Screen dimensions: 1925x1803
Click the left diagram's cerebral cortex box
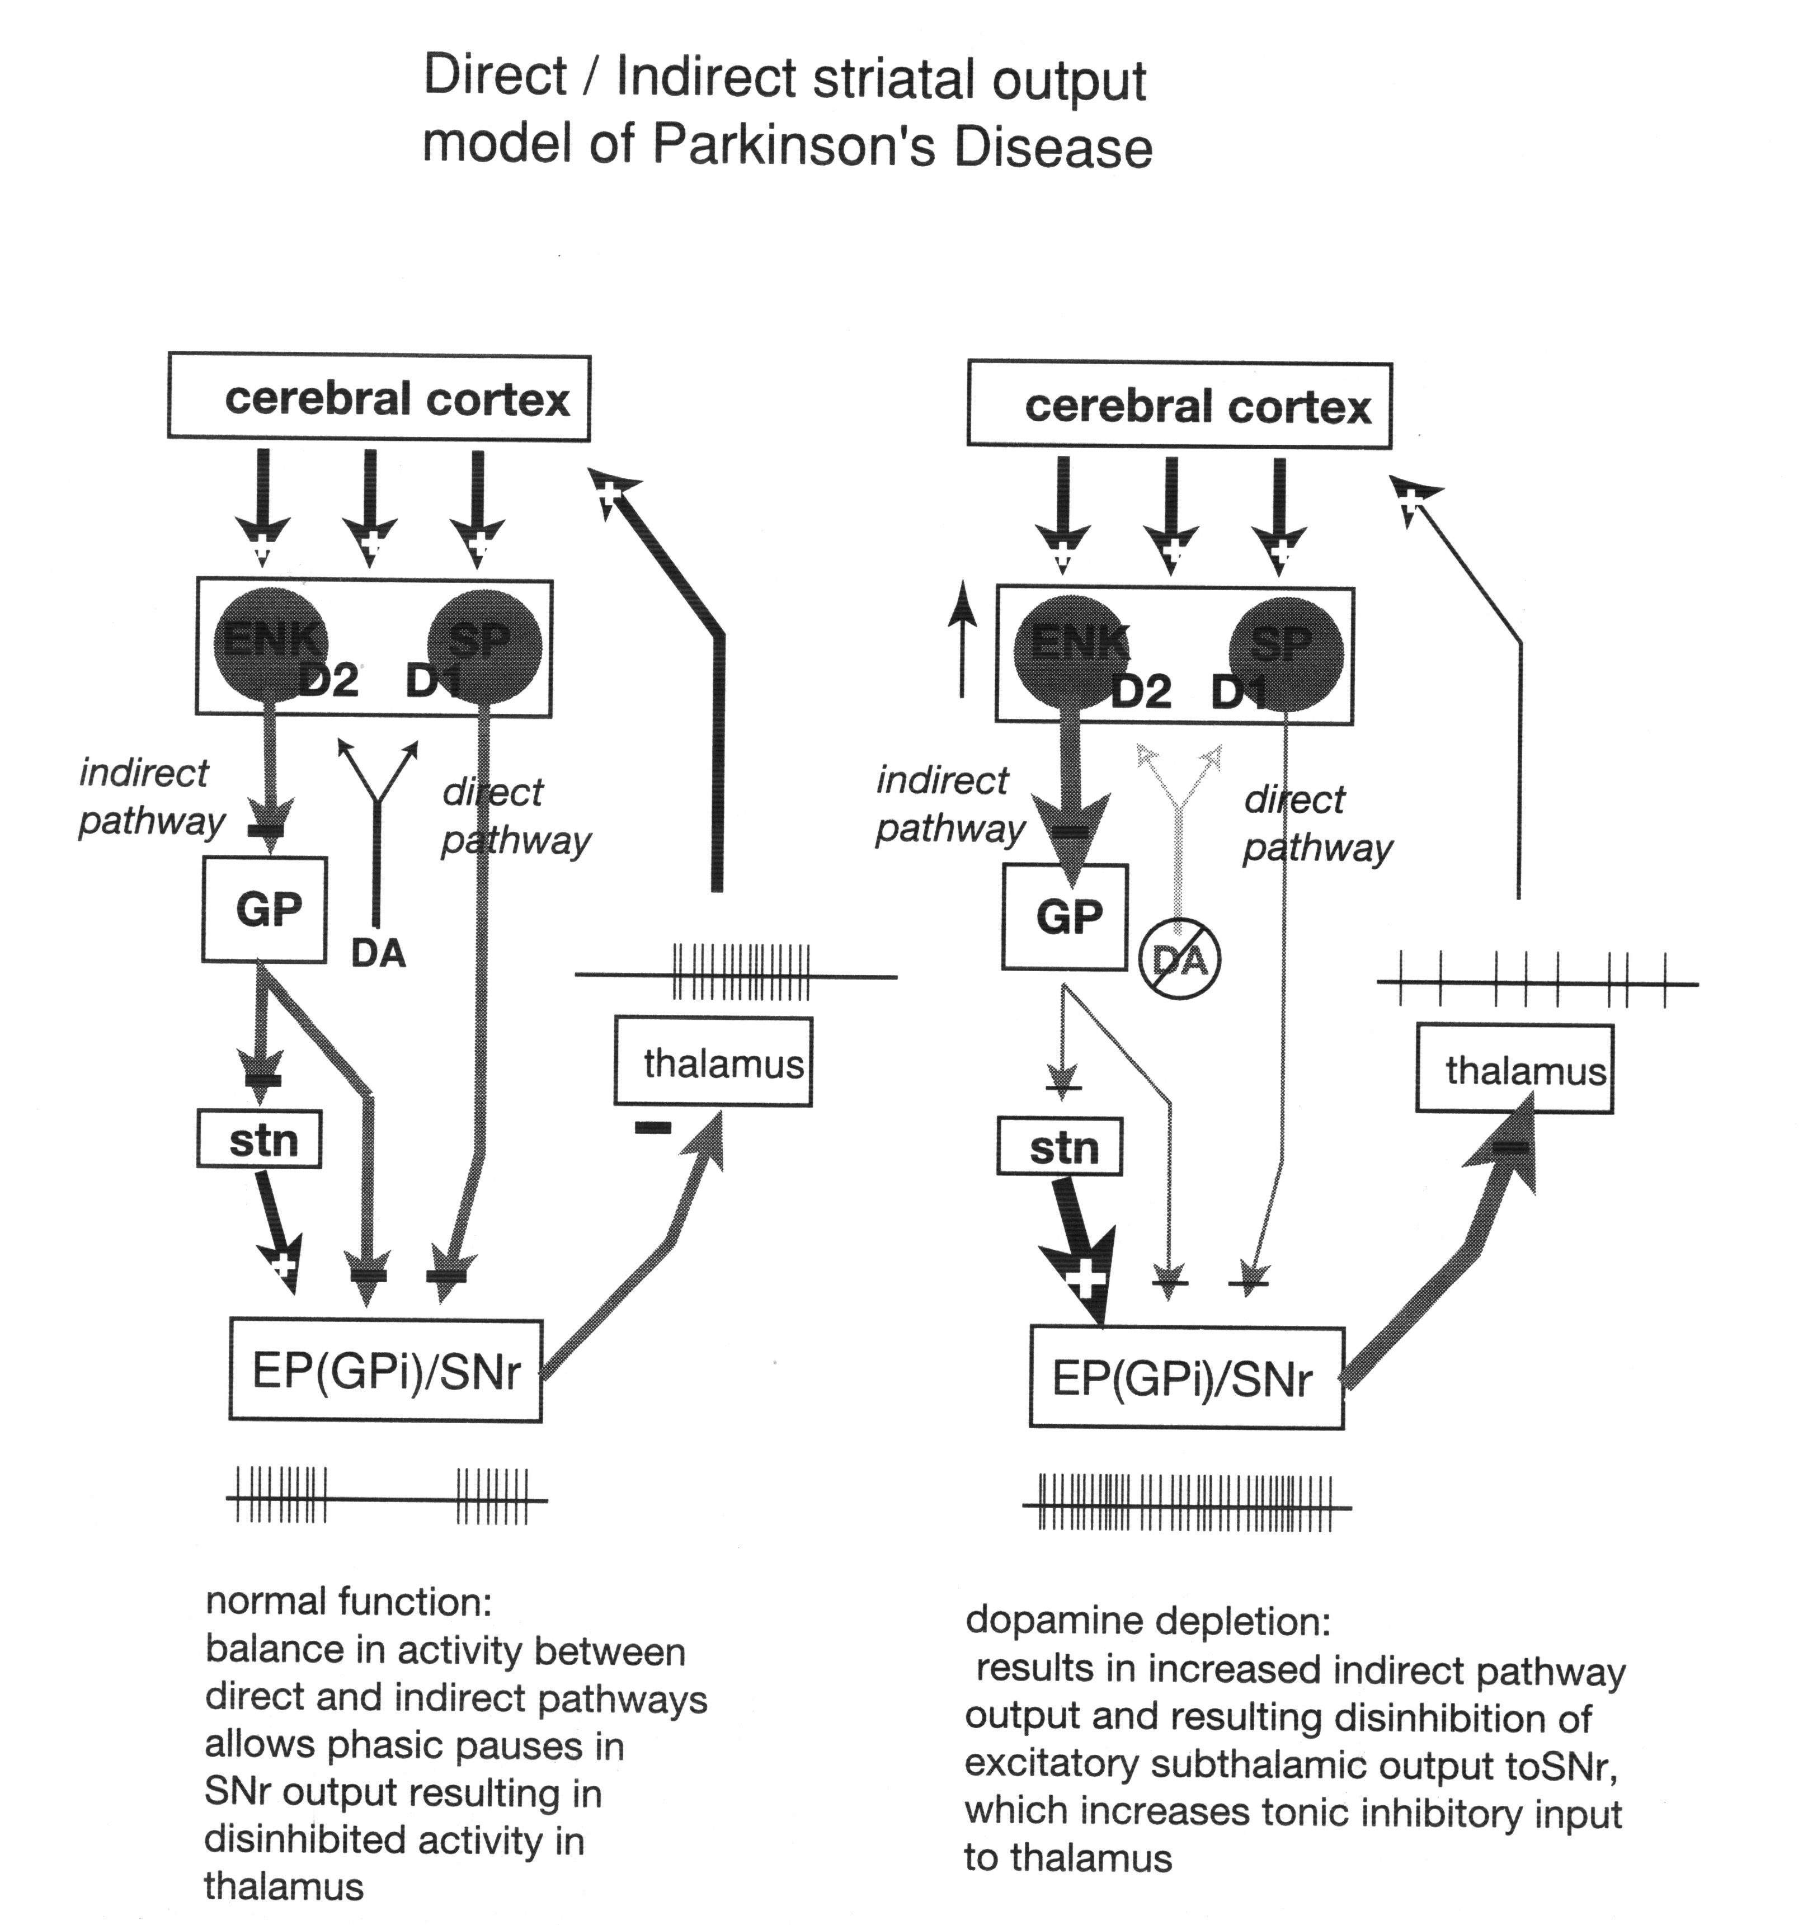point(379,398)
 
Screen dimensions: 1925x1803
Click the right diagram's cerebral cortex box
point(1179,405)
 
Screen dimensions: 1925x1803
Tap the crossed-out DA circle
point(1179,959)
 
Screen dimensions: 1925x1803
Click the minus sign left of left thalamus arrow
point(653,1126)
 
